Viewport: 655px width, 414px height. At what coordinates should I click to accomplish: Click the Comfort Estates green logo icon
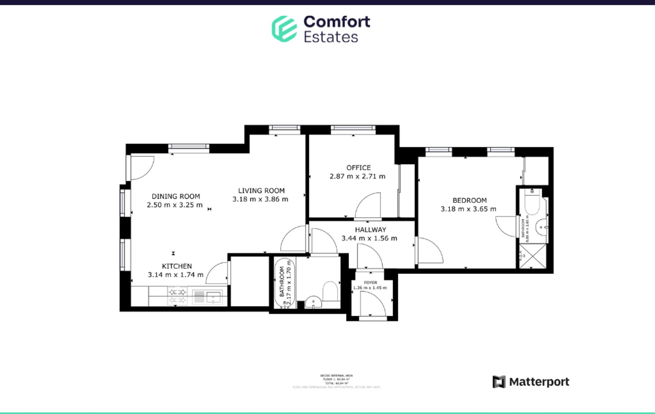(284, 29)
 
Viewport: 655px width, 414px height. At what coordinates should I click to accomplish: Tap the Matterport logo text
(539, 382)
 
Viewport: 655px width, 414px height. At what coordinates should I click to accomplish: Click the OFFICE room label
(359, 168)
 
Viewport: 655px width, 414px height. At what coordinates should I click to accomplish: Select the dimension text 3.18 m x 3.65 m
(468, 209)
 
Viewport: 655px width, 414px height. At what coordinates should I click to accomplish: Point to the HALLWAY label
(370, 230)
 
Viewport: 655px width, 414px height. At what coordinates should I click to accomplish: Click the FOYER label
(370, 282)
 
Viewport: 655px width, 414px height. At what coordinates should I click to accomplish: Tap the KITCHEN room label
(177, 266)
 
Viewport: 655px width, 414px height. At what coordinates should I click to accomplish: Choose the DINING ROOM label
(176, 197)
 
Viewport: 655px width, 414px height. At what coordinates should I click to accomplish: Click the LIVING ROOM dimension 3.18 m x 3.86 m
(260, 199)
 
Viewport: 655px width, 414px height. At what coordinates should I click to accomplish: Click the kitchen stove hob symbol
(177, 296)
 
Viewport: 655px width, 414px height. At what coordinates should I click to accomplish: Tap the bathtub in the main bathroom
(284, 283)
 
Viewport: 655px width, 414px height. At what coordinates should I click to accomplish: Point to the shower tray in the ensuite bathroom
(533, 256)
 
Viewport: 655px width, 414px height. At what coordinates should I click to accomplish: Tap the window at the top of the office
(353, 128)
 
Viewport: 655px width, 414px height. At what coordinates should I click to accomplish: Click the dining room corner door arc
(142, 168)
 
